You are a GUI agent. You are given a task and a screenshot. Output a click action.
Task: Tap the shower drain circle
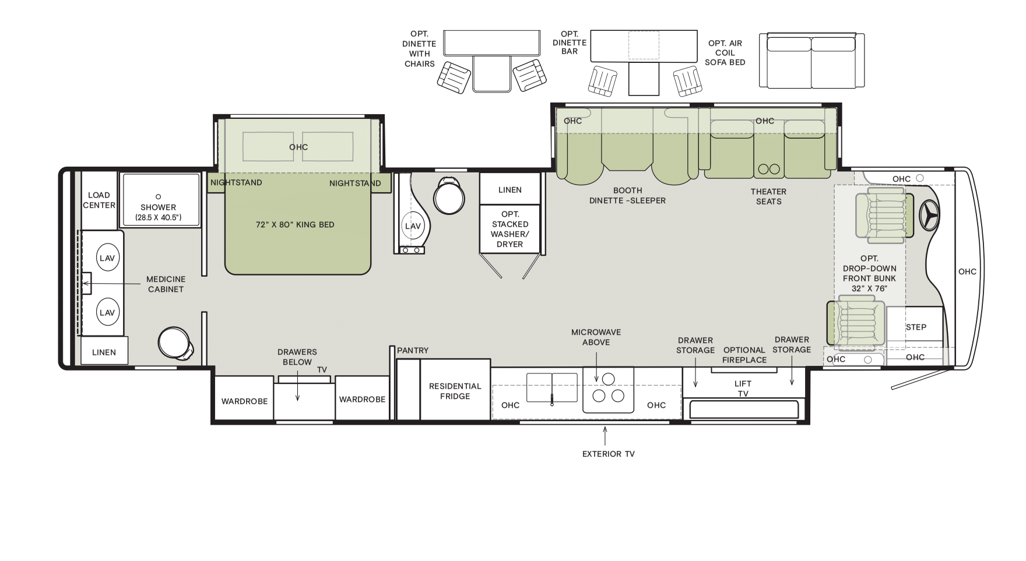[158, 196]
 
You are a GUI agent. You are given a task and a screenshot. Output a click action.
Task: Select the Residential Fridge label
[455, 391]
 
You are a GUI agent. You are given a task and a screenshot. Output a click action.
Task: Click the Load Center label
[99, 200]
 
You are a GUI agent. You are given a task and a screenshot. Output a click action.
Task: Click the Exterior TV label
[609, 454]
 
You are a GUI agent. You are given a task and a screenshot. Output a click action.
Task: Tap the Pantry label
[413, 351]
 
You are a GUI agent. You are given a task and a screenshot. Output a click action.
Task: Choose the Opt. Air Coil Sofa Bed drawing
[811, 61]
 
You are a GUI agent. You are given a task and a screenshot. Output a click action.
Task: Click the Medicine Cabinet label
[166, 284]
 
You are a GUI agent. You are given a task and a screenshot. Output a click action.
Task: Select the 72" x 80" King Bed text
[295, 225]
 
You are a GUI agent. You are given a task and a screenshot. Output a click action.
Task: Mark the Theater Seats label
[768, 196]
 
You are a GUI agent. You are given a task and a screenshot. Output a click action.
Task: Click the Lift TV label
[743, 389]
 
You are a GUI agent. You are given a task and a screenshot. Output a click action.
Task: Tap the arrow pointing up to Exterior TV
[605, 436]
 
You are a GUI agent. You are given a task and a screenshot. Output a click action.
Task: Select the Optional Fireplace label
[744, 355]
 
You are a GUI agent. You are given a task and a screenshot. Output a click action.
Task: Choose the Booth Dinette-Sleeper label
[627, 195]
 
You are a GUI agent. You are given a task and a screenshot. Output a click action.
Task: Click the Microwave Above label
[596, 337]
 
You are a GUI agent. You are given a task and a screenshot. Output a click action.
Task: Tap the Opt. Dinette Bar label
[570, 43]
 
